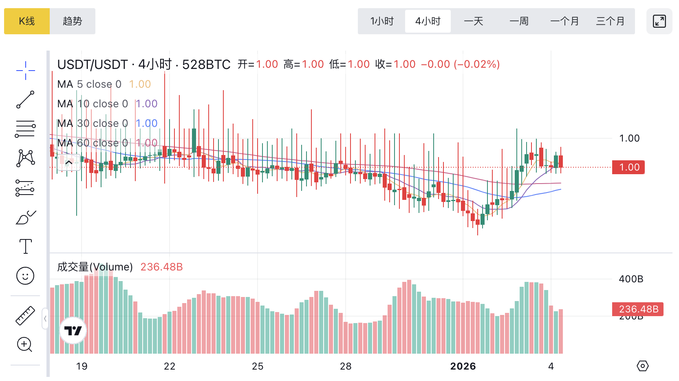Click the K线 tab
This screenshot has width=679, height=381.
[27, 21]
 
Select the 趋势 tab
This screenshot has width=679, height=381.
[73, 21]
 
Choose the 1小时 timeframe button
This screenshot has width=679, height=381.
[382, 21]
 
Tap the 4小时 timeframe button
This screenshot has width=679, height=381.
[428, 21]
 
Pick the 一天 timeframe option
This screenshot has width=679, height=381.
[474, 21]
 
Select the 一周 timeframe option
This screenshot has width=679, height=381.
[519, 21]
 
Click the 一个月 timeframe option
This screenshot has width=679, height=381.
[565, 21]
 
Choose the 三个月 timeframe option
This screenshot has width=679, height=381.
[611, 21]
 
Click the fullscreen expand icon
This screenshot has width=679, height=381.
[659, 21]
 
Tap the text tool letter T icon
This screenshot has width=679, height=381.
[25, 246]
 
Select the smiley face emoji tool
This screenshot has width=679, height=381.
[25, 276]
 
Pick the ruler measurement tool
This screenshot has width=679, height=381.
[25, 315]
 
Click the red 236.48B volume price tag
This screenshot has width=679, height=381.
[638, 309]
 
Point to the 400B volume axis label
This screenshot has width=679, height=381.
[631, 279]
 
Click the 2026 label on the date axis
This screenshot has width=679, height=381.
[463, 366]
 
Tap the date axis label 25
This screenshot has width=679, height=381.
[258, 366]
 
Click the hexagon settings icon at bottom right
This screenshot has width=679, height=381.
[642, 366]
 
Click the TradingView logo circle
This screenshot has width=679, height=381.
[73, 330]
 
